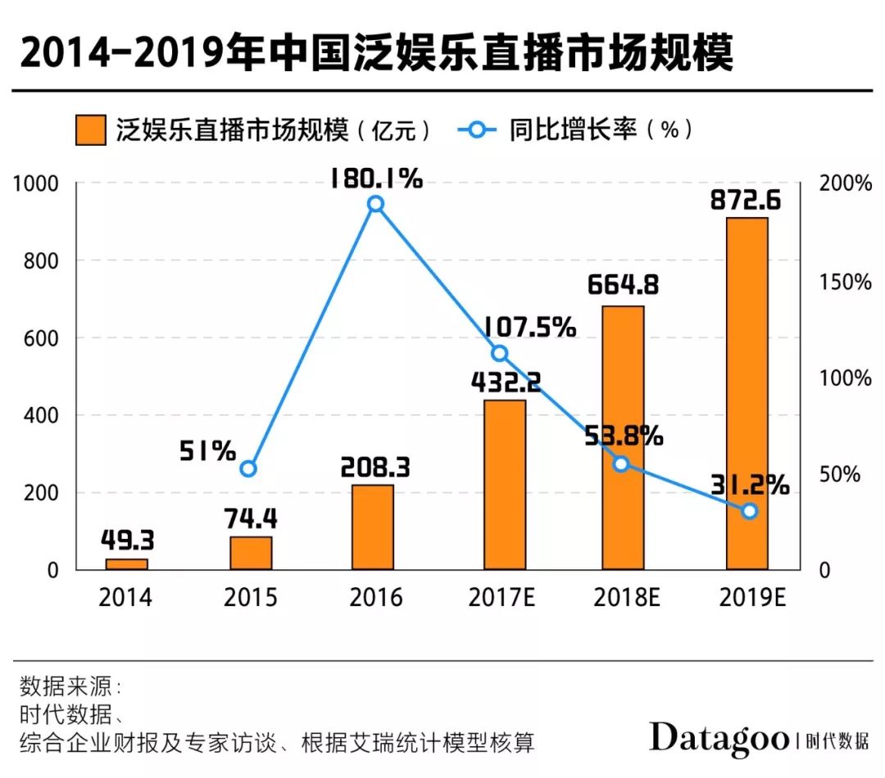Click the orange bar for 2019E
747,393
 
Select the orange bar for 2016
372,527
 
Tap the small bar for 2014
127,564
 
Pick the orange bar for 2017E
504,484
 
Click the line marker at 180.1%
375,204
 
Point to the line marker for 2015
249,468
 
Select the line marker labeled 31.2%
749,511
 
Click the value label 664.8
624,287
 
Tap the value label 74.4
251,518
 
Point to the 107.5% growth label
529,328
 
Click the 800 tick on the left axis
42,260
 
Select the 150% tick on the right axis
846,282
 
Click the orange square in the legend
90,129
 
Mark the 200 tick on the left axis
42,493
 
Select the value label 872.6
747,200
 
